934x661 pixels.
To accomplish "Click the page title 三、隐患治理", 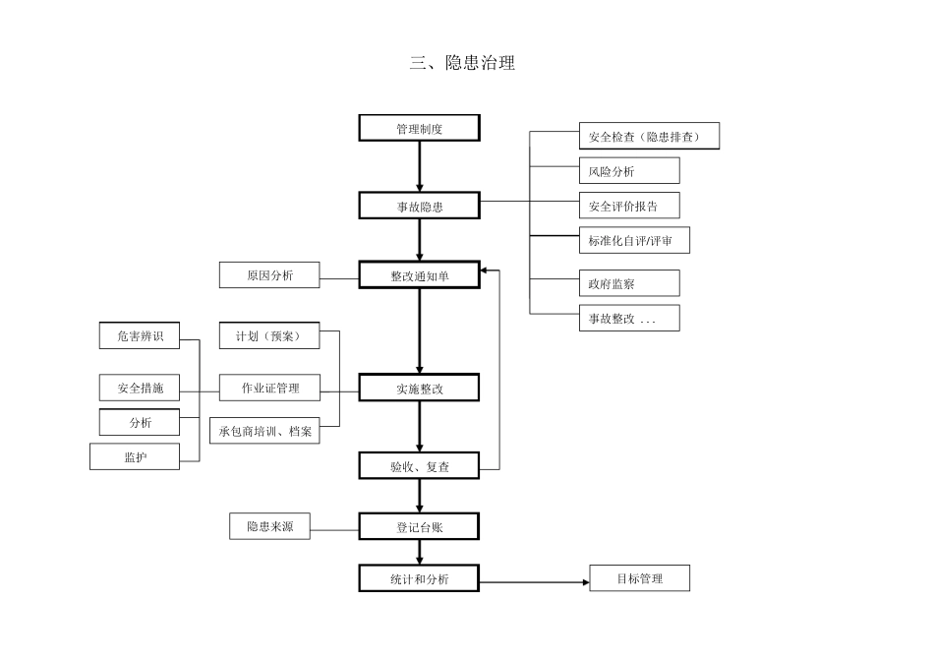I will [462, 64].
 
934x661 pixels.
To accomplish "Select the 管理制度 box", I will [420, 128].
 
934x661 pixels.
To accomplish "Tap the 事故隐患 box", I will [420, 206].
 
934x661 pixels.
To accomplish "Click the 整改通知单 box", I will [420, 275].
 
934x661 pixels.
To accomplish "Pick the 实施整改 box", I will [420, 389].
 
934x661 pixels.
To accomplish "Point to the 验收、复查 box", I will [420, 466].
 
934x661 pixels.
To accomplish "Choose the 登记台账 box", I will [420, 527].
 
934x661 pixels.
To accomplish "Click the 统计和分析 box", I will [420, 578].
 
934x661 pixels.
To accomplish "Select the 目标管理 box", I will [639, 578].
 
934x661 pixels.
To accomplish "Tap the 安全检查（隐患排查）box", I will [649, 137].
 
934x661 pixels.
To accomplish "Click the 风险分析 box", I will [629, 171].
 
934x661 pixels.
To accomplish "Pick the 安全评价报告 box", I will [629, 206].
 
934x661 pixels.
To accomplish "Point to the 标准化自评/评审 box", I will [634, 240].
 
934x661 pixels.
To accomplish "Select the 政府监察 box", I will [629, 283].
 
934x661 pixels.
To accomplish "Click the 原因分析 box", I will [269, 275].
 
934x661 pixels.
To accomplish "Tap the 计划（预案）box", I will [269, 336].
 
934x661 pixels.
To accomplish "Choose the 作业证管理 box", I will [269, 388].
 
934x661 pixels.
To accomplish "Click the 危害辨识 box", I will [140, 335].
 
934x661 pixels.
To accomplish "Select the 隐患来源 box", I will [269, 526].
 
